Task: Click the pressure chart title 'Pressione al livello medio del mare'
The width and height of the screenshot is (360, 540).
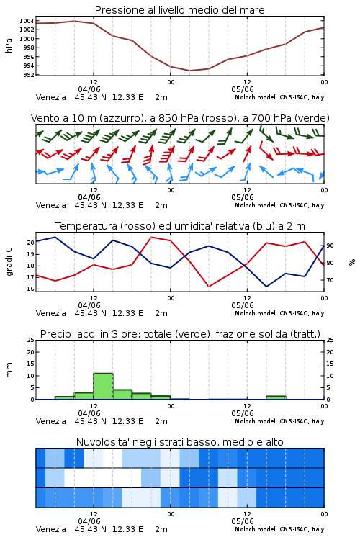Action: (179, 10)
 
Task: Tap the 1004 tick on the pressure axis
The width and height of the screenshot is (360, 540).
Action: (27, 21)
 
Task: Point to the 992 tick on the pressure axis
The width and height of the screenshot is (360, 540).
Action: (28, 75)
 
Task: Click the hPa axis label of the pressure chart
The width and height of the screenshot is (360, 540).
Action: (9, 45)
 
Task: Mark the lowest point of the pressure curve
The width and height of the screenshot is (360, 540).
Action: (189, 71)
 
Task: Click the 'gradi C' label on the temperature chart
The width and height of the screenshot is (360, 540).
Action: (9, 261)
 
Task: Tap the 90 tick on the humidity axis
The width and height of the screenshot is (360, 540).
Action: (330, 246)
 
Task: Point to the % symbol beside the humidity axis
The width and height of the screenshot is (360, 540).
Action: (352, 262)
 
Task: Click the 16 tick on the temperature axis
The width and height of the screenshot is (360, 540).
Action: (31, 289)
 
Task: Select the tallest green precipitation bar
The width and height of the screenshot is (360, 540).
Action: (103, 387)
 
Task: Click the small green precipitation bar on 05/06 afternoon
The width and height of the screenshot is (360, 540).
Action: (276, 397)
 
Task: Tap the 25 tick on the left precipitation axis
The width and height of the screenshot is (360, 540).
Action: (31, 340)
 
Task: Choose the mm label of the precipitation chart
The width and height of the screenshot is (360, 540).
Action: (9, 369)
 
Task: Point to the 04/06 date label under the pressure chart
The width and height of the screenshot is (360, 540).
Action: (89, 89)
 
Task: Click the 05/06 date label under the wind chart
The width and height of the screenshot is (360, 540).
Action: (243, 198)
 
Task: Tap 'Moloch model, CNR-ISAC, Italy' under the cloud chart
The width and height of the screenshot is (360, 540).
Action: (279, 529)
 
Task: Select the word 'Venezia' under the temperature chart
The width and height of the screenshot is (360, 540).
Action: (50, 313)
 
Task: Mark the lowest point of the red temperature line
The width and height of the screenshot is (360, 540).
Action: (209, 286)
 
